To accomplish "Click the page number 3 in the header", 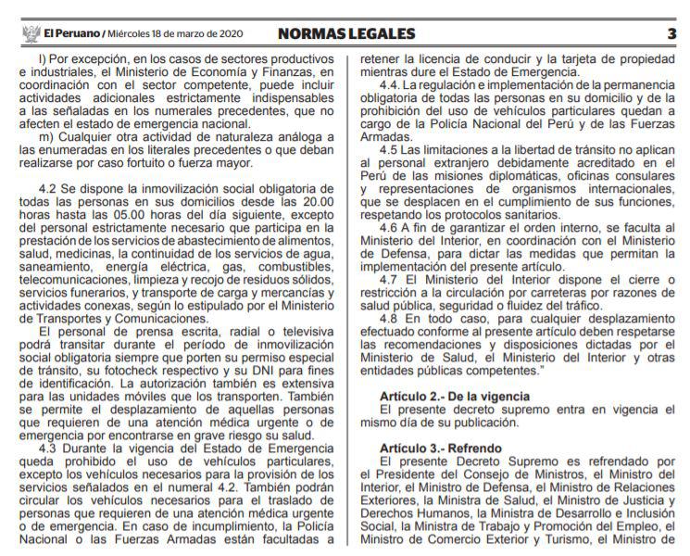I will [671, 34].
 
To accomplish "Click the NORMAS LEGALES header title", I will [347, 34].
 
